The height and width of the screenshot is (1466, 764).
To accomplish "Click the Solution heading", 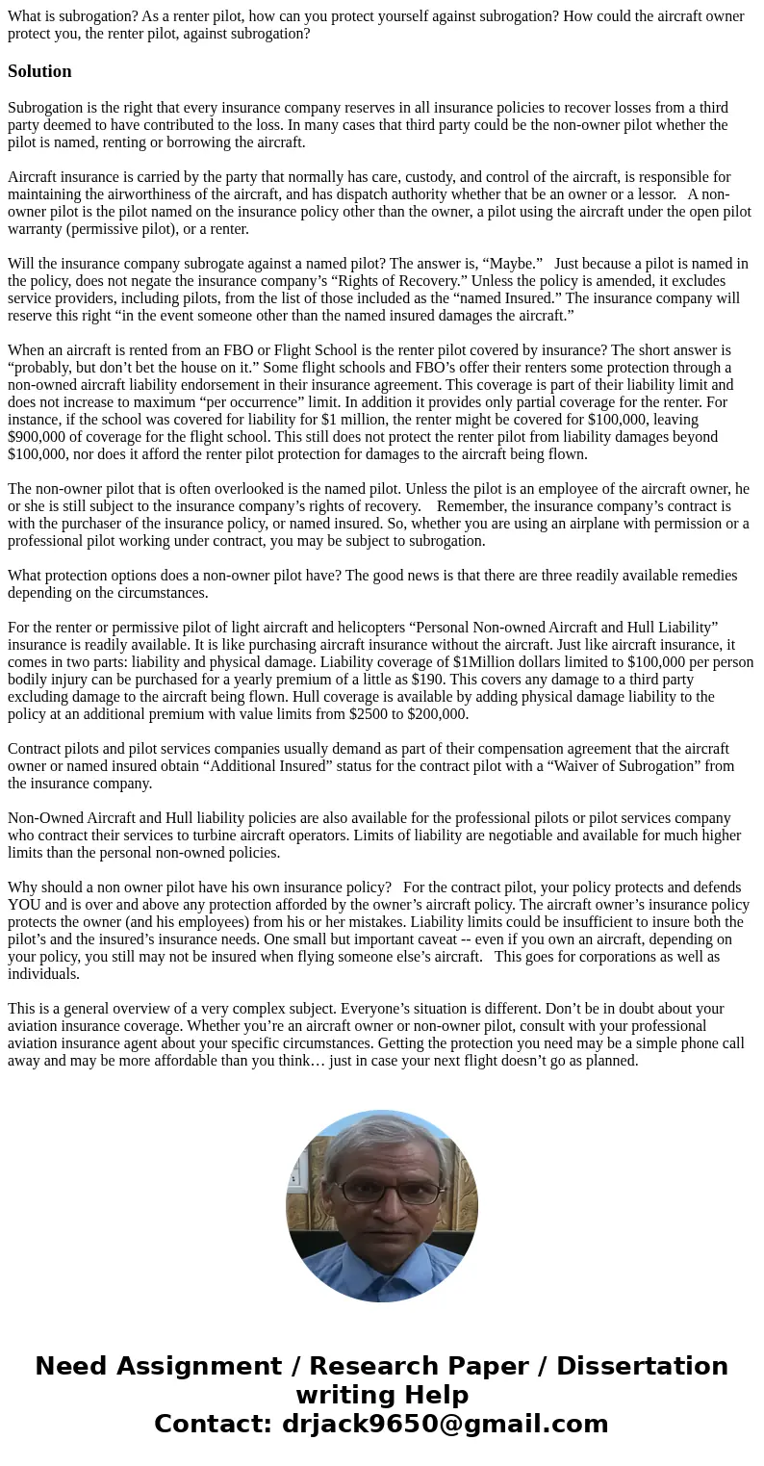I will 39,71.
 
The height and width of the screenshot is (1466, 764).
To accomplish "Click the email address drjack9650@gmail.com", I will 445,1424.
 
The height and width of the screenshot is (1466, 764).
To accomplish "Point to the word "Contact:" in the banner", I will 213,1424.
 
